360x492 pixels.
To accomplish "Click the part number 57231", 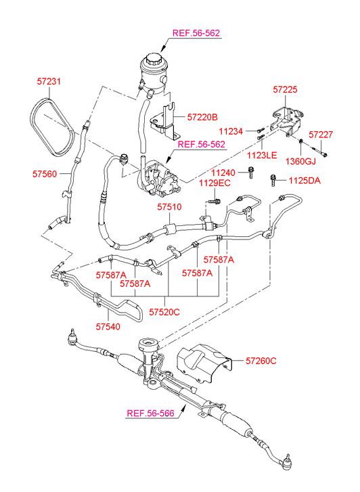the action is (49, 82).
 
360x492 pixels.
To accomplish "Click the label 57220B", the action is (202, 117).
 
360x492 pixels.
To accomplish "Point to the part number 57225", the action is (285, 89).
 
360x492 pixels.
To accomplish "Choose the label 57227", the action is (321, 135).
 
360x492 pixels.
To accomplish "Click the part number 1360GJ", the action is (300, 161).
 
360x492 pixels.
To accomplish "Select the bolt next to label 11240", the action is (250, 173).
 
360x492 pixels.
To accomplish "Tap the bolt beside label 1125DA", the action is (273, 181).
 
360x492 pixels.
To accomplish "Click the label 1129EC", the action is (215, 183).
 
